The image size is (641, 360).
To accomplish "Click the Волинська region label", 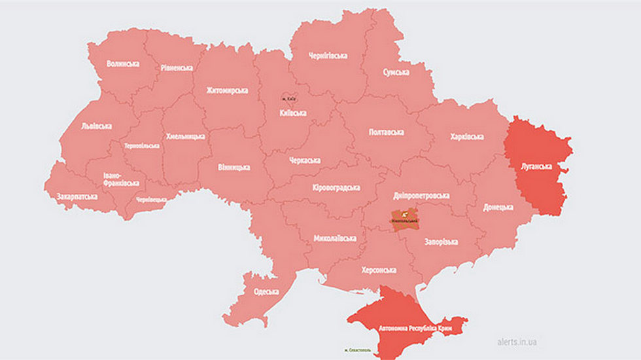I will click(x=123, y=64).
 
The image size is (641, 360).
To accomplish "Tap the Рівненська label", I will click(x=177, y=68).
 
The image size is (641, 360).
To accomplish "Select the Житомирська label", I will click(x=227, y=90).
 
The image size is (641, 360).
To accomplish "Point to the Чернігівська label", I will click(x=328, y=56).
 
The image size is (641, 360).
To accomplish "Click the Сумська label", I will click(x=396, y=72).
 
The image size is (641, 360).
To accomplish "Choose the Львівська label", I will click(x=96, y=126).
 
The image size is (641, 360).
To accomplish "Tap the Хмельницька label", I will click(x=185, y=136).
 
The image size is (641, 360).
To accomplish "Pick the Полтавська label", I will click(x=386, y=132).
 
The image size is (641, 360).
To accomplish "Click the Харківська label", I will click(x=467, y=137).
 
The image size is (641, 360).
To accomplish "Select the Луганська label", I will click(x=536, y=166).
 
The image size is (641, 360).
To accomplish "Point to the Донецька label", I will click(x=498, y=207).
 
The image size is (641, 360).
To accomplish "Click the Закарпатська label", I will click(x=77, y=196).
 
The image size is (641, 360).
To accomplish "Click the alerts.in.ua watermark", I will click(x=517, y=341).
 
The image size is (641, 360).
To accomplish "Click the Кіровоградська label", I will click(x=336, y=188).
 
